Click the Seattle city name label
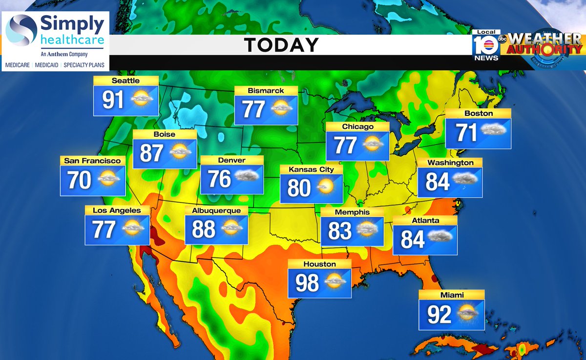126,81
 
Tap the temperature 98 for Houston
307,283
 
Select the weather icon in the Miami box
468,312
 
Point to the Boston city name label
478,113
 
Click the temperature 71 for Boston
466,132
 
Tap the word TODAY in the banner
281,45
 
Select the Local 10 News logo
486,46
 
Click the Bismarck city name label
266,90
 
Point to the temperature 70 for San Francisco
79,180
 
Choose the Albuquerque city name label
216,211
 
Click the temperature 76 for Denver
219,179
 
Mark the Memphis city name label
352,212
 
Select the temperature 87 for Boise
151,153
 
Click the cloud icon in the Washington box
465,180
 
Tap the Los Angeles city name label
117,211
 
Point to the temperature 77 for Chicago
345,146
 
